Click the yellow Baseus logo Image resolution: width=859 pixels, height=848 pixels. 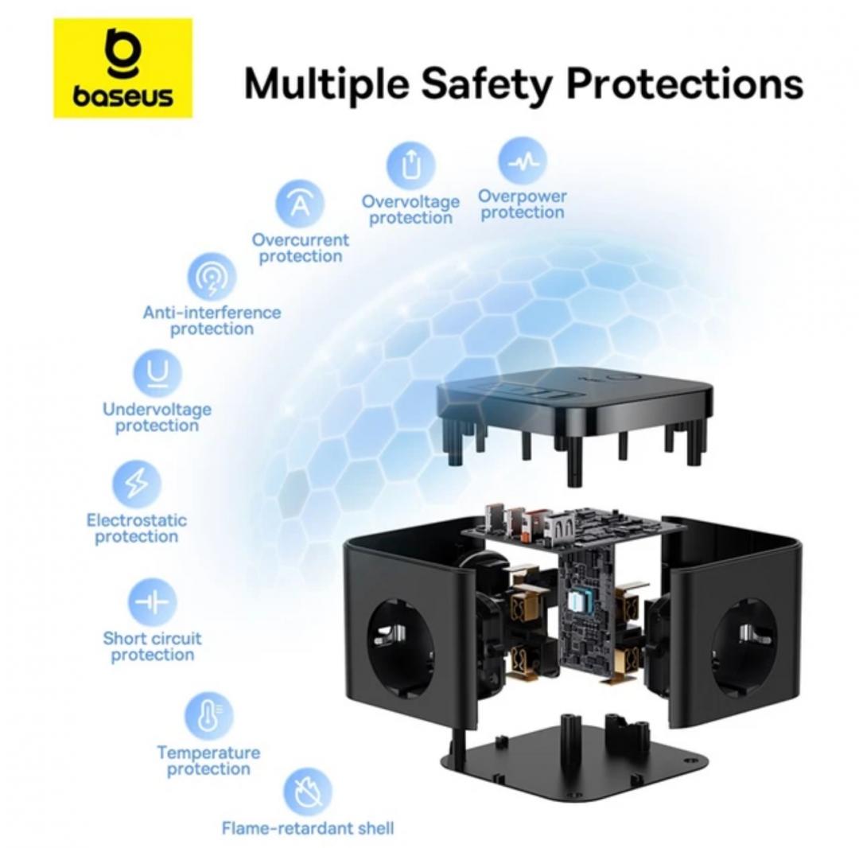coord(122,68)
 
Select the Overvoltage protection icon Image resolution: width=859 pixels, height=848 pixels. coord(410,165)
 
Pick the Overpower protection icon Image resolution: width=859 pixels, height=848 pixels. coord(522,161)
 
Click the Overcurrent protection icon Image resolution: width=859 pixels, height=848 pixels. coord(300,204)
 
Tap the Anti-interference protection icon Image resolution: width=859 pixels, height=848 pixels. coord(212,277)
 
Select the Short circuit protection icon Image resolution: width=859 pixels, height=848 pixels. coord(152,602)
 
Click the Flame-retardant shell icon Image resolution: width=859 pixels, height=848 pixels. coord(307,792)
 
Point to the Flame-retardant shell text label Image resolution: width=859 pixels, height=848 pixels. coord(307,828)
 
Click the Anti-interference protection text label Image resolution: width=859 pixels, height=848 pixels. coord(212,321)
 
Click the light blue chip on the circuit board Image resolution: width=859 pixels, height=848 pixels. coord(579,605)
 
